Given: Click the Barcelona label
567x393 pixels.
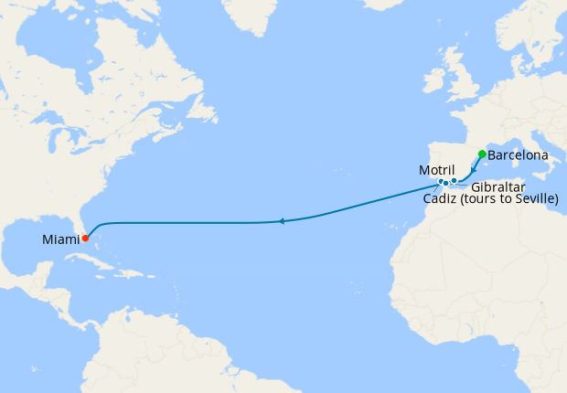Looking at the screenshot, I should (x=518, y=155).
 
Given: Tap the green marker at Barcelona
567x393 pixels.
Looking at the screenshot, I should (x=482, y=154).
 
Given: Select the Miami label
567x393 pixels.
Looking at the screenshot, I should (x=60, y=240).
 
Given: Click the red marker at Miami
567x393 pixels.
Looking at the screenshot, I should (x=85, y=239).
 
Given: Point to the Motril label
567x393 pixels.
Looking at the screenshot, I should (x=437, y=170).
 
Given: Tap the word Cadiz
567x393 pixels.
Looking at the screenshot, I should (x=442, y=199).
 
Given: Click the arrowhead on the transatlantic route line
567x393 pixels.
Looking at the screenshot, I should (x=283, y=221).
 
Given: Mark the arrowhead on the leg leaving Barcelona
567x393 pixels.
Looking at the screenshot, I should (x=474, y=169).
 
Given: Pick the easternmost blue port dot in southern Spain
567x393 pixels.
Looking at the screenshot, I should (x=454, y=181).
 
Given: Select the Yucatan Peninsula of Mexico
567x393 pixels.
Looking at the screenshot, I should (x=41, y=273).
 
